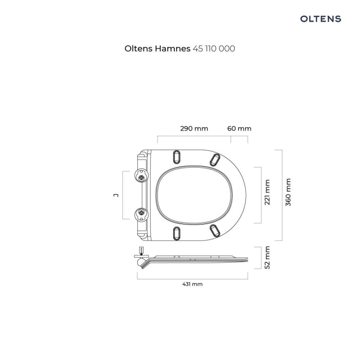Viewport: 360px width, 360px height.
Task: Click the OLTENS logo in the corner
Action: pos(321,19)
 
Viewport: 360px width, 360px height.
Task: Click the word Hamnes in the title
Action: pos(172,48)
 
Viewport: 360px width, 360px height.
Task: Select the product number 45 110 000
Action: pos(214,48)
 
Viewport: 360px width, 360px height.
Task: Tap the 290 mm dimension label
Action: pos(194,129)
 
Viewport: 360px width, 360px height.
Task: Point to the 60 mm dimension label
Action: pos(239,129)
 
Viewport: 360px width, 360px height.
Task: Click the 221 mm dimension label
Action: pos(267,192)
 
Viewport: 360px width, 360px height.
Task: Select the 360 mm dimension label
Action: pos(288,192)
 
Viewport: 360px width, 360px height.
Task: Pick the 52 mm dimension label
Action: pos(267,257)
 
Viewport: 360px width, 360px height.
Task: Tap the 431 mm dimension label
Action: pos(192,284)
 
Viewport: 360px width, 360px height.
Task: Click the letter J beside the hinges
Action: pos(117,195)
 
